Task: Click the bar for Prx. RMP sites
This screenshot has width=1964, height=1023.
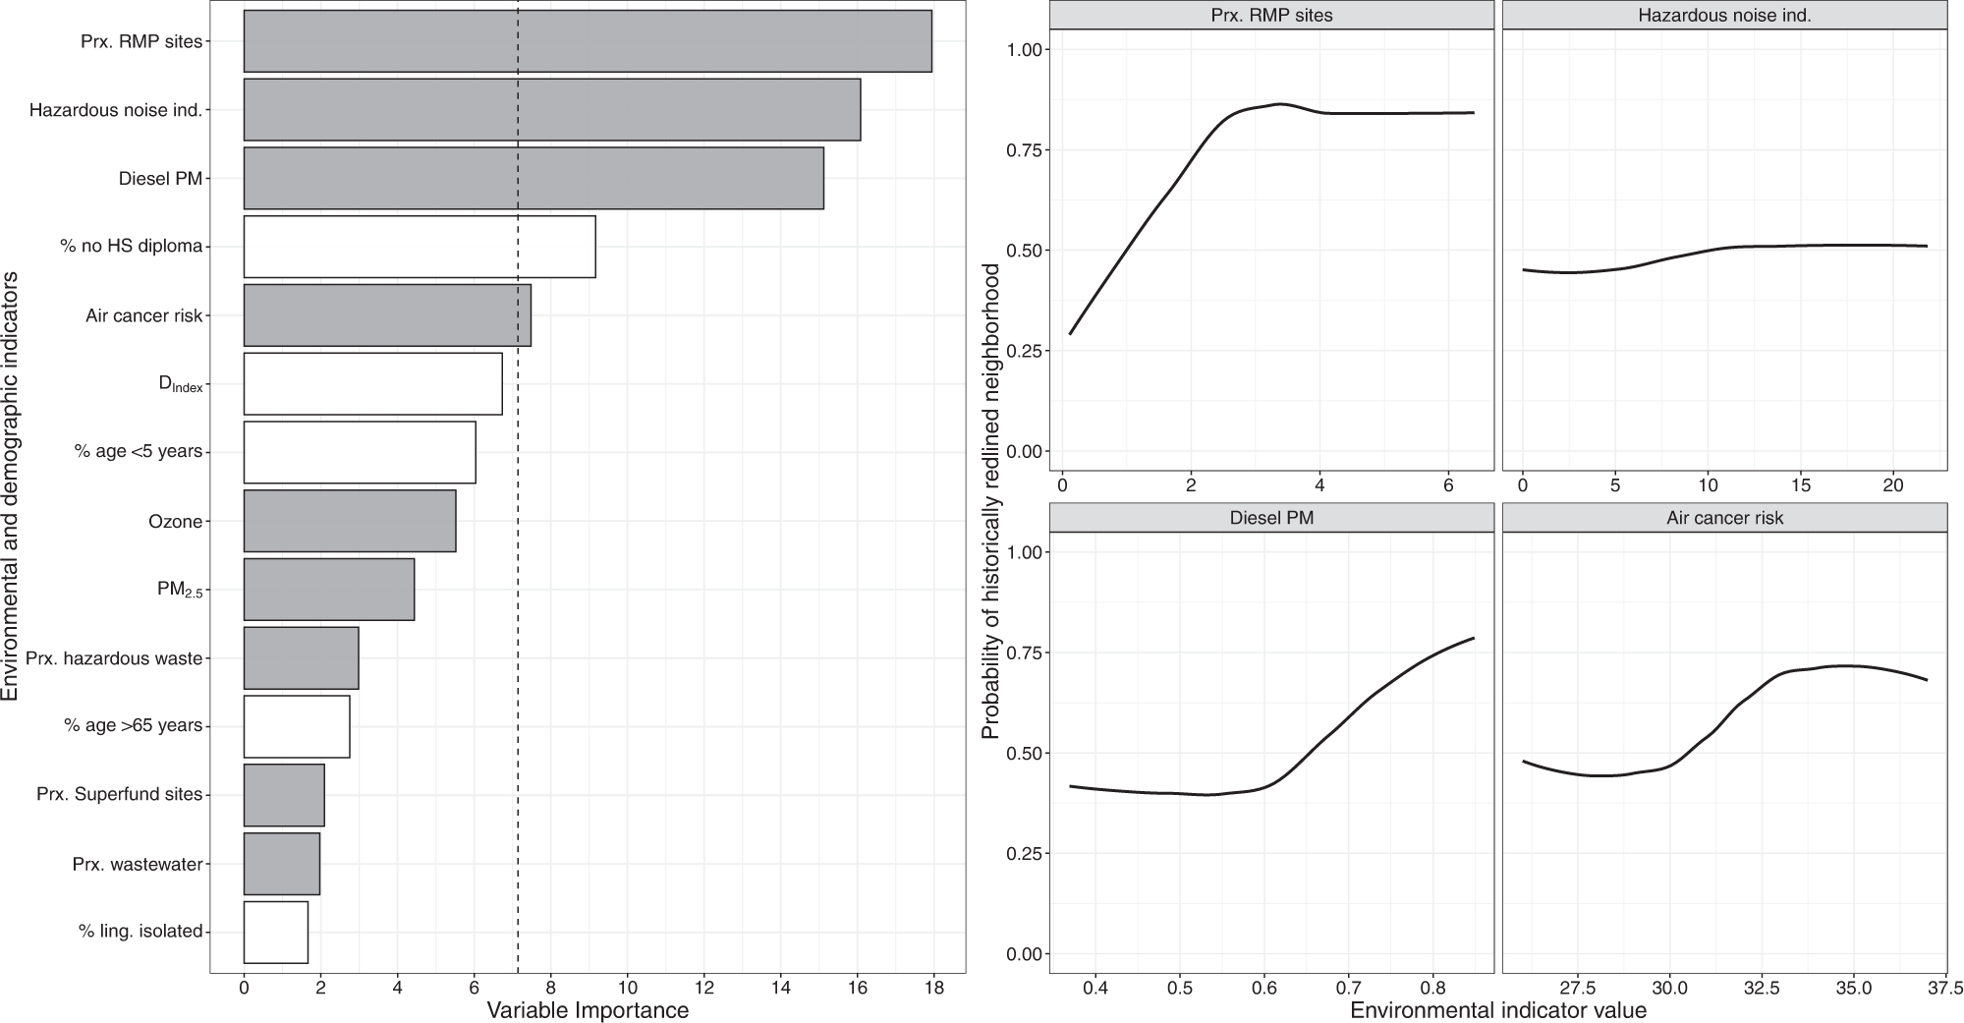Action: (x=588, y=41)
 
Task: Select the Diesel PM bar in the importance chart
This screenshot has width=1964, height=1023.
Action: (x=533, y=178)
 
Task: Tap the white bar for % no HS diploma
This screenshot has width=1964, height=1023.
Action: (x=420, y=247)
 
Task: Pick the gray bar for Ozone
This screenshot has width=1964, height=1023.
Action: (x=350, y=521)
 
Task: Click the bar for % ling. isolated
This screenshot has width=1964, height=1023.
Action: (x=276, y=932)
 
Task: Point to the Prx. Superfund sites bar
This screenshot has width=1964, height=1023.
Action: (x=284, y=794)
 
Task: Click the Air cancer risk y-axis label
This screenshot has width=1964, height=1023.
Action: (x=143, y=315)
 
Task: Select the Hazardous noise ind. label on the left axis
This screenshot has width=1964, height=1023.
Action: (x=115, y=110)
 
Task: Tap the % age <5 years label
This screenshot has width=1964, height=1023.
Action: (x=139, y=452)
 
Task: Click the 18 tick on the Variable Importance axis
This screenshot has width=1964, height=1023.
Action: (x=933, y=988)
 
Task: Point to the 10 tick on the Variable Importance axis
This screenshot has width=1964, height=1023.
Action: (x=627, y=988)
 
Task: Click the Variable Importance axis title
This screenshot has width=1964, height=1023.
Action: (x=588, y=1010)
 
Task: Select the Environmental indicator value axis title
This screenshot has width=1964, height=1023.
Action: (x=1498, y=1010)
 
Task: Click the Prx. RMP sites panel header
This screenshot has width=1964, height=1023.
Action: (x=1271, y=15)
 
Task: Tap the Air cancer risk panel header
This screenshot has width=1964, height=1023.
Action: (x=1724, y=518)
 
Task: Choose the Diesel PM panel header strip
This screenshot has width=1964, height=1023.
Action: (x=1271, y=518)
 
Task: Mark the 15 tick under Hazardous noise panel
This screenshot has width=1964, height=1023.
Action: (x=1800, y=484)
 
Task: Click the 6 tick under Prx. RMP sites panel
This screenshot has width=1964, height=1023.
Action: (x=1448, y=484)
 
